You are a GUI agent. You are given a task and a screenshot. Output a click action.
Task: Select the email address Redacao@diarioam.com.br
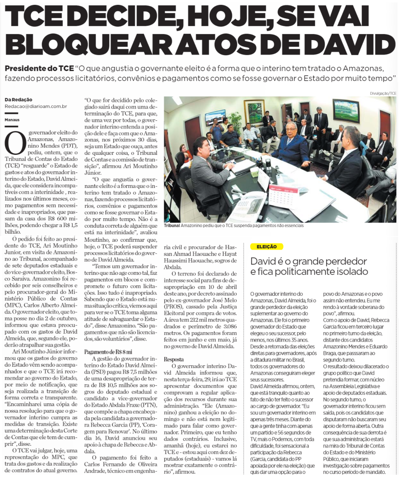click(x=36, y=106)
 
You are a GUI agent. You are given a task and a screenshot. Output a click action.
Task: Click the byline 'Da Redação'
click(x=18, y=100)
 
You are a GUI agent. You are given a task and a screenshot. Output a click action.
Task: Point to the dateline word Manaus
click(x=12, y=120)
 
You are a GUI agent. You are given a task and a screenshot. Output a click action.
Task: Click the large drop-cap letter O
click(x=15, y=143)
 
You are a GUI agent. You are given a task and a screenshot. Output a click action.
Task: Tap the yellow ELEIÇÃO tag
click(x=266, y=247)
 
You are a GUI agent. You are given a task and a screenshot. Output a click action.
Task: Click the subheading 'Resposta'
click(x=174, y=359)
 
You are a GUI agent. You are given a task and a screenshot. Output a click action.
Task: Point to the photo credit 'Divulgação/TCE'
click(x=383, y=93)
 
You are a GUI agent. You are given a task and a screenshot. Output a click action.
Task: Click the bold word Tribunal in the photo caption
click(x=172, y=225)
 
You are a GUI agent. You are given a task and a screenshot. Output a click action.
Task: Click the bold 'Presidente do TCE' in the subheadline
click(x=39, y=68)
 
